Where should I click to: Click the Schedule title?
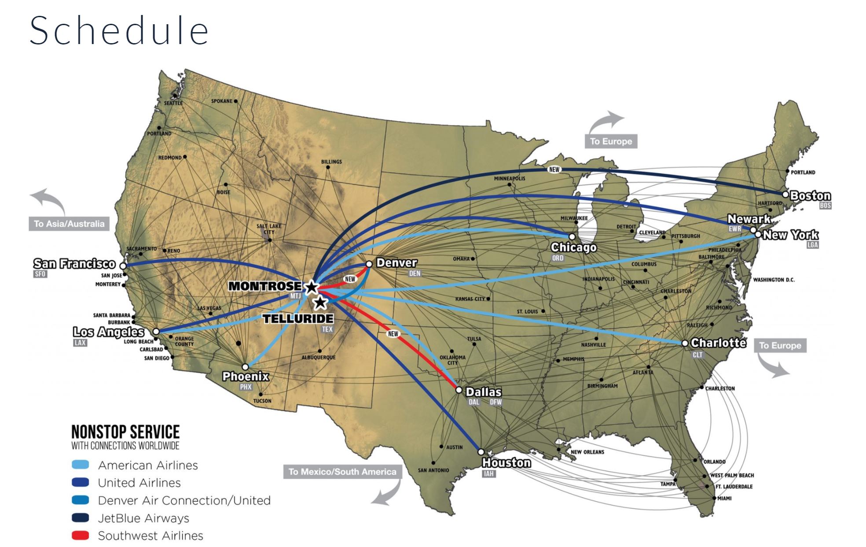click(119, 31)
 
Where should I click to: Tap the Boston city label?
click(810, 196)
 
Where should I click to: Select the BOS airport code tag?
click(825, 206)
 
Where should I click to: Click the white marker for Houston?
click(481, 452)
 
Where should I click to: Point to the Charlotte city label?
click(718, 343)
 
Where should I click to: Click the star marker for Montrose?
click(312, 288)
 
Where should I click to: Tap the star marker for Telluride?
click(320, 303)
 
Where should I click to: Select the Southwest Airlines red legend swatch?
click(80, 536)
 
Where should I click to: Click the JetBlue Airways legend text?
click(143, 518)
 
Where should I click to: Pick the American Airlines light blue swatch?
click(80, 465)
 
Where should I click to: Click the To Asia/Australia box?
click(69, 224)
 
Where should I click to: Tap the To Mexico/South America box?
click(342, 472)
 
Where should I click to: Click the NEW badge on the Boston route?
click(554, 169)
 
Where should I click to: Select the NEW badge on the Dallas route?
click(393, 334)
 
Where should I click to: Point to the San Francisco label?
click(74, 264)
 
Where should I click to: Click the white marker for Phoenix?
click(246, 367)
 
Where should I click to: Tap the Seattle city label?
click(173, 103)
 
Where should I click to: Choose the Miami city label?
click(724, 498)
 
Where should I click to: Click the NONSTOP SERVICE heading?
click(125, 432)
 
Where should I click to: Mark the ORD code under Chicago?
click(558, 258)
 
